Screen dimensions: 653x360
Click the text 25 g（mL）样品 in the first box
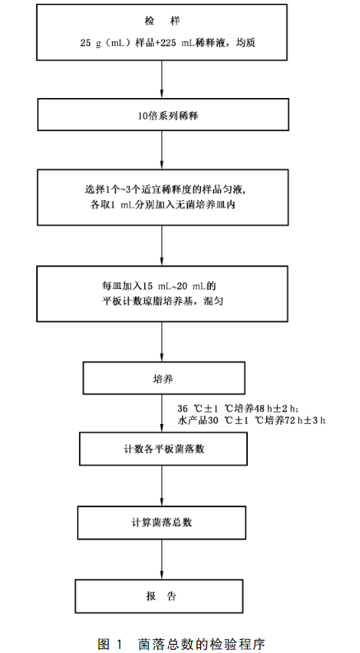(x=108, y=41)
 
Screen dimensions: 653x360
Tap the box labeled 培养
(x=161, y=380)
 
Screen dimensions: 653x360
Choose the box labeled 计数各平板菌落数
(x=161, y=450)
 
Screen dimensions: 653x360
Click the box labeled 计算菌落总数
(x=161, y=521)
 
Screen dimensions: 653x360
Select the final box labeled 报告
(x=161, y=595)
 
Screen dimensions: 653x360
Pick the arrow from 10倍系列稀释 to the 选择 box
(x=161, y=150)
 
